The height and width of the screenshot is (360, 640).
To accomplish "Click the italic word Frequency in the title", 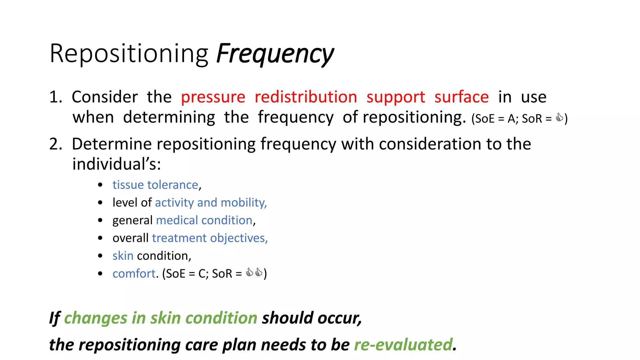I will point(275,54).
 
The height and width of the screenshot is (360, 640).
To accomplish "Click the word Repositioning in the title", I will point(129,54).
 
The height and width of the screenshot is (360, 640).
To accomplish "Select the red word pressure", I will point(213,97).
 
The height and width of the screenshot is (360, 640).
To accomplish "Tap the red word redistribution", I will point(306,97).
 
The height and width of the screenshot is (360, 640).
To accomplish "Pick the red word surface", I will point(461,97).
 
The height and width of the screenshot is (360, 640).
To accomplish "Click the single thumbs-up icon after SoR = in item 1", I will point(559,118).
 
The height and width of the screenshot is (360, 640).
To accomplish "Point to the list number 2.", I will point(56,144).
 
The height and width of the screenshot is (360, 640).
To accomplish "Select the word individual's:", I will point(117,164).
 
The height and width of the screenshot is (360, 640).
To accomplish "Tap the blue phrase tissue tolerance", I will point(155,185).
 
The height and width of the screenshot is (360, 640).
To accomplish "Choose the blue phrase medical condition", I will point(204,220).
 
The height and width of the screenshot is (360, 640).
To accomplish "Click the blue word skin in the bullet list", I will point(123,256).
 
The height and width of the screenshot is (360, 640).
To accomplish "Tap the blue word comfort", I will point(134,274).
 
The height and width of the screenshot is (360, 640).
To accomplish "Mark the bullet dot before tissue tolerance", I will point(100,185).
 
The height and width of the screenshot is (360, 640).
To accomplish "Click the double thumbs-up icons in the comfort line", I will point(254,272).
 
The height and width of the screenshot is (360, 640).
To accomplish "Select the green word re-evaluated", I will point(403,345).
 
